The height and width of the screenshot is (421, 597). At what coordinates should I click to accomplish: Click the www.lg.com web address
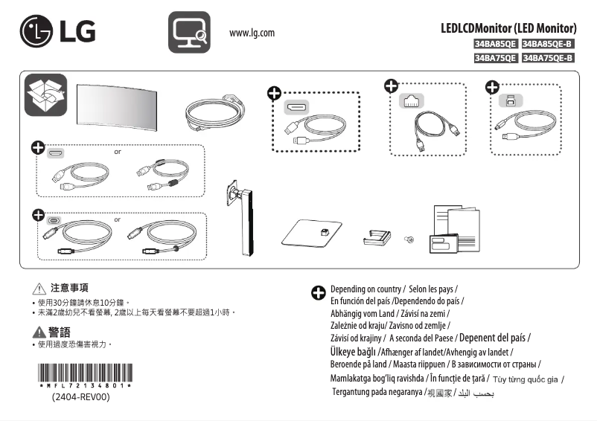[x=252, y=33]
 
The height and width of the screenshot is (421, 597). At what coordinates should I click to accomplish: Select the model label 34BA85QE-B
[x=549, y=45]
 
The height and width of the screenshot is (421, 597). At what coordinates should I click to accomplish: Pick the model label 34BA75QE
[x=496, y=58]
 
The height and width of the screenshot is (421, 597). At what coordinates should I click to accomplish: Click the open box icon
[x=45, y=95]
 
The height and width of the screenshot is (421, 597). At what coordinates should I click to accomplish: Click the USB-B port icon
[x=510, y=100]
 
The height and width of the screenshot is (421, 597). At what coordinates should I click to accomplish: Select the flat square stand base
[x=312, y=235]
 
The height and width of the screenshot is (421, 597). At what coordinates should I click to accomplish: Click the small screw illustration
[x=409, y=239]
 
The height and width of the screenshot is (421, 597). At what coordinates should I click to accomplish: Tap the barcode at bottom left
[x=86, y=373]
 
